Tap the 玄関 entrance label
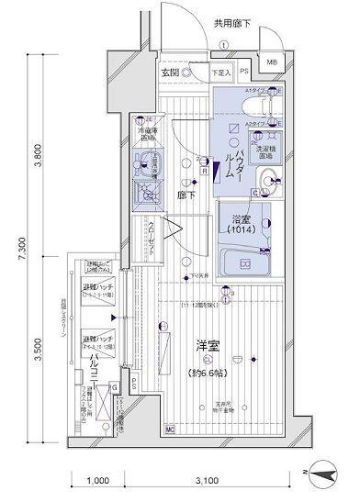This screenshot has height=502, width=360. pos(169,73)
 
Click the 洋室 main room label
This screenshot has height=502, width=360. pos(206,347)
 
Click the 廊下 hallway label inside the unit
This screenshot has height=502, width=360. pos(184,195)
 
